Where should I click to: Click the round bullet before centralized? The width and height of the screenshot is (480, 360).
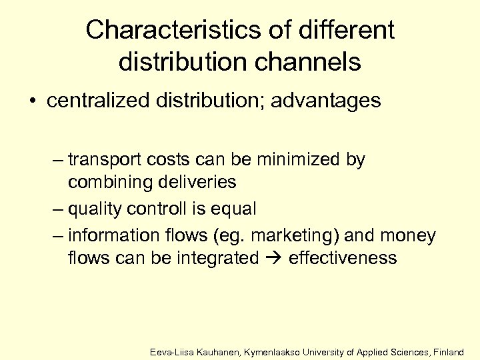tap(33, 101)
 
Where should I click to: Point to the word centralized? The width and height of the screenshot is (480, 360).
tap(92, 101)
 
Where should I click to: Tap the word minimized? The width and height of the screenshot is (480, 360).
tap(300, 160)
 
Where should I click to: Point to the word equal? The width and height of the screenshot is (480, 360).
tap(233, 209)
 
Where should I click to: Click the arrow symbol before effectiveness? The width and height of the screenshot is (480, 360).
tap(273, 257)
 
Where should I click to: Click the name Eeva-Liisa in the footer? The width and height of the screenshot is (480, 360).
tap(171, 351)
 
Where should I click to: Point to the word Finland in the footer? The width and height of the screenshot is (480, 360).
tap(448, 351)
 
